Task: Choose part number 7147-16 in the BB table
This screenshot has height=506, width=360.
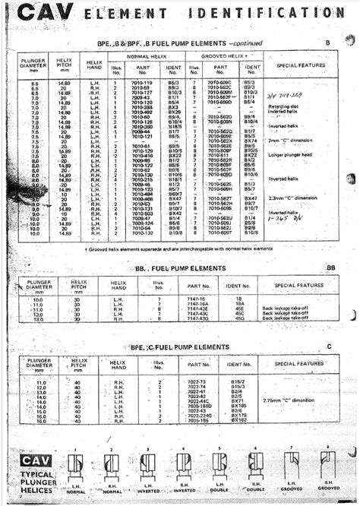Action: [x=198, y=299]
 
